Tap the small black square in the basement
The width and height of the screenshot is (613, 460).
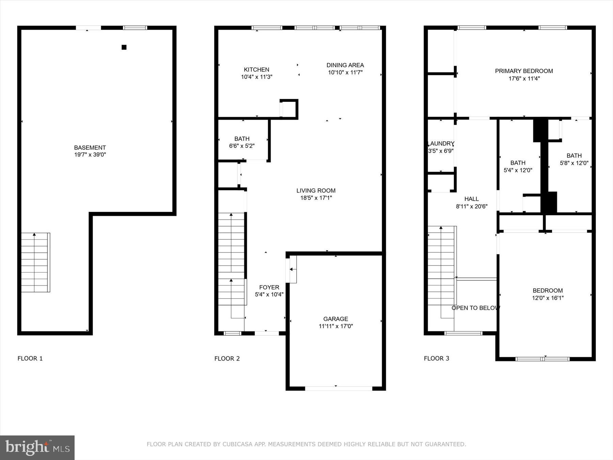pyautogui.click(x=124, y=47)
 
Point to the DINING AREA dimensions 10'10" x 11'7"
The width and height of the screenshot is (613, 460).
pyautogui.click(x=345, y=73)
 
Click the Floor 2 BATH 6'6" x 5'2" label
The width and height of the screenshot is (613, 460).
pyautogui.click(x=242, y=142)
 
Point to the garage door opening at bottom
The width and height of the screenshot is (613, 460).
pyautogui.click(x=338, y=388)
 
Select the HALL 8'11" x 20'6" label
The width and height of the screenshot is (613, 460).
pyautogui.click(x=472, y=202)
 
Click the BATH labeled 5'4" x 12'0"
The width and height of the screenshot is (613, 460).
pyautogui.click(x=518, y=166)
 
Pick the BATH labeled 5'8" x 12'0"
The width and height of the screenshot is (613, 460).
pyautogui.click(x=574, y=159)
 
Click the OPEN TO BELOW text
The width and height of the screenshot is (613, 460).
pyautogui.click(x=475, y=308)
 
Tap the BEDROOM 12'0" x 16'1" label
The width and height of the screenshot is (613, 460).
pyautogui.click(x=548, y=294)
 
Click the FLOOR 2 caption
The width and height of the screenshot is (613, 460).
pyautogui.click(x=227, y=358)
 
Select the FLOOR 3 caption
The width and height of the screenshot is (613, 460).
pyautogui.click(x=436, y=358)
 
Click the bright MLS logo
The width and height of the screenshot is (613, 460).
pyautogui.click(x=37, y=448)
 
